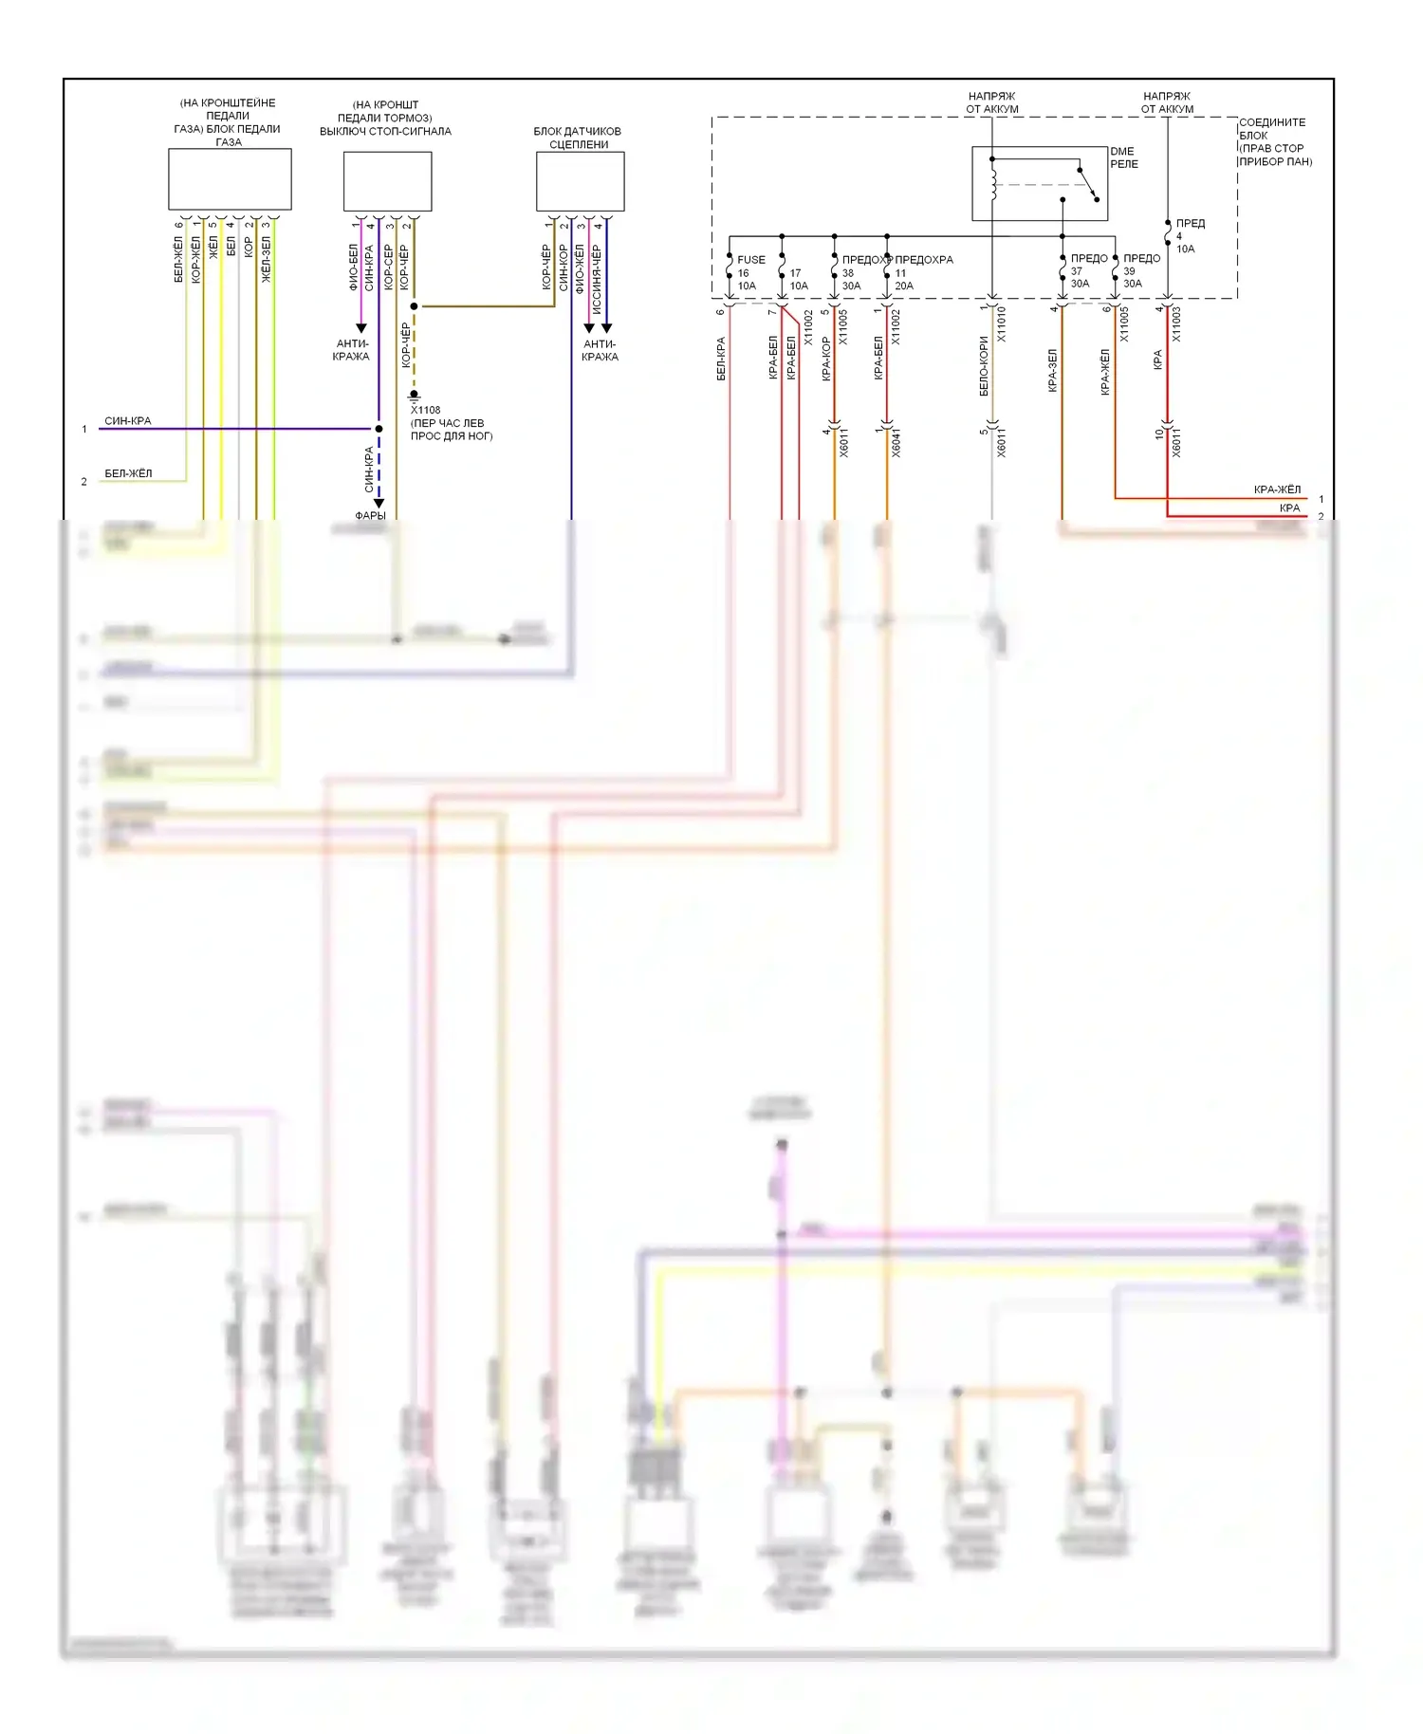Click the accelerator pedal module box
pos(230,179)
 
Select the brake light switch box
pos(387,181)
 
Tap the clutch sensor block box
pos(580,181)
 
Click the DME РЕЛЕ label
pos(1123,157)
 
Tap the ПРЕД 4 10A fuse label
pos(1189,236)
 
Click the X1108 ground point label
pos(426,411)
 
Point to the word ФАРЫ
pos(370,515)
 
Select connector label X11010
pos(1002,323)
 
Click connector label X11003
pos(1176,323)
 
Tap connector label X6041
pos(896,443)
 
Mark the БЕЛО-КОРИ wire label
pos(984,366)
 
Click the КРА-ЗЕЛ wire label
pos(1052,370)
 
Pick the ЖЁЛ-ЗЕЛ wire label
pos(267,259)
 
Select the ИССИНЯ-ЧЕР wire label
pos(597,279)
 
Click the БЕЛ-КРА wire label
pos(721,359)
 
